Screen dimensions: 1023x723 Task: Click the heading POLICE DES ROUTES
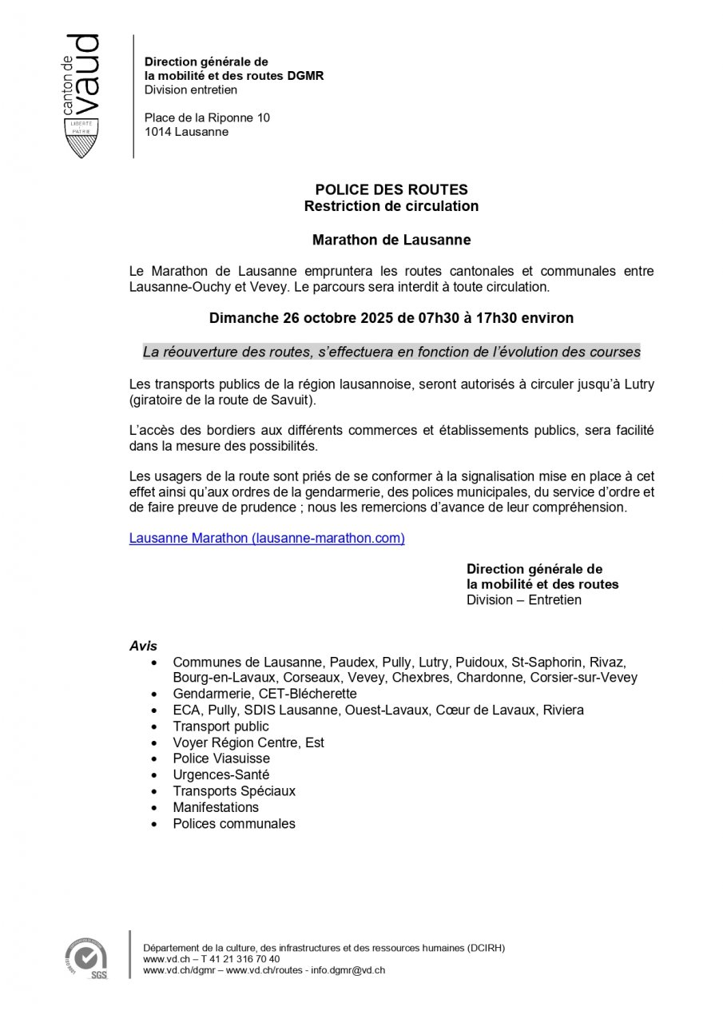tap(391, 190)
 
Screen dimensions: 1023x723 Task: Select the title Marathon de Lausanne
tap(391, 239)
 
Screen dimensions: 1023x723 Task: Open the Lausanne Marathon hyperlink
tap(267, 539)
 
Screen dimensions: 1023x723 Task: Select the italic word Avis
tap(143, 646)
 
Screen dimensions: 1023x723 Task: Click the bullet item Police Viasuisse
tap(221, 758)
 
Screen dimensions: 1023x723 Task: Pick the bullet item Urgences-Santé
tap(220, 774)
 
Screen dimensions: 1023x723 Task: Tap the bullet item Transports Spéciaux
tap(234, 791)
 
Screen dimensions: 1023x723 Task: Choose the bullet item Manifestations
tap(216, 807)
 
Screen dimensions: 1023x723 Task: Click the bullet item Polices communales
tap(234, 823)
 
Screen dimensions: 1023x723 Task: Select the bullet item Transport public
tap(220, 726)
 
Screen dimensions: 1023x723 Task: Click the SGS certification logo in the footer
tap(86, 957)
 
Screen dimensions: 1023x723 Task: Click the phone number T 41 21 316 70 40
tap(240, 959)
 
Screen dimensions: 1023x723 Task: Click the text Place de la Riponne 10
tap(207, 117)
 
